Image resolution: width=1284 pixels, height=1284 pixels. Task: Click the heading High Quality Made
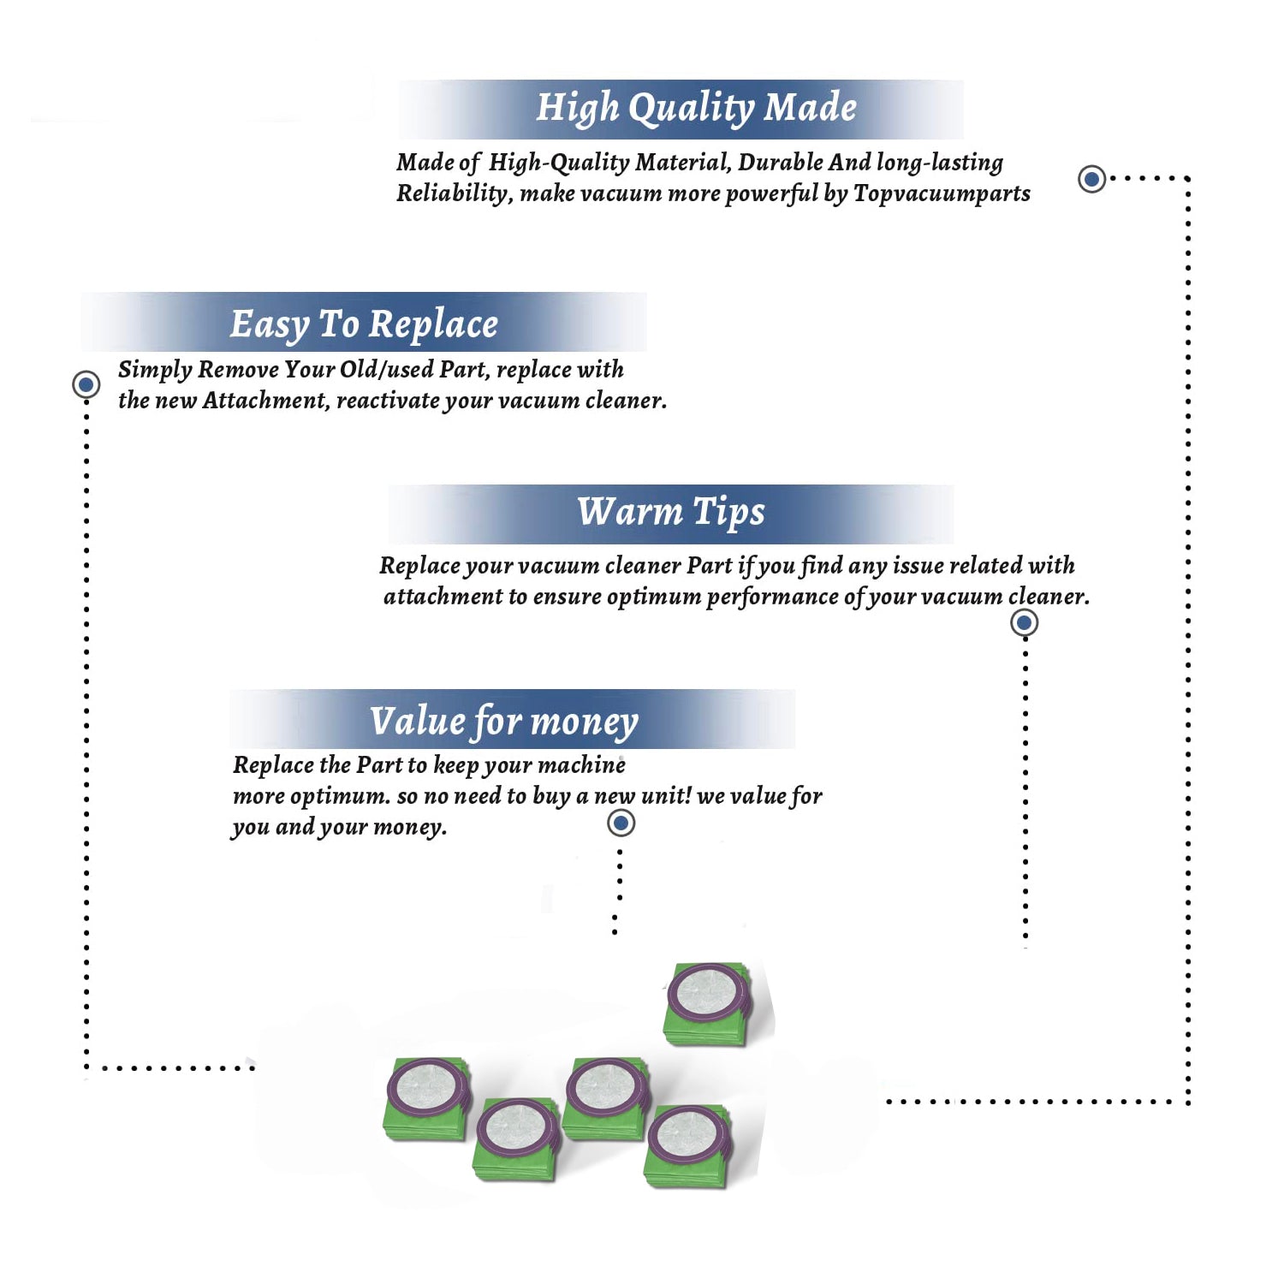(x=696, y=109)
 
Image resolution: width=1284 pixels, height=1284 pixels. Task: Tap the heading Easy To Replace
(x=364, y=324)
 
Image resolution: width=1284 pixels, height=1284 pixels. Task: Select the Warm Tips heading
(x=670, y=512)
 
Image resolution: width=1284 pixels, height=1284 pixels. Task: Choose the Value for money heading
(x=503, y=722)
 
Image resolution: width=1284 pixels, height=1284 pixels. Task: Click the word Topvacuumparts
(x=942, y=194)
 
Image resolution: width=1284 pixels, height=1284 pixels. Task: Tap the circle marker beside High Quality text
(x=1091, y=179)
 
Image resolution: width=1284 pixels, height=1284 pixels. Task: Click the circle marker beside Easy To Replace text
(x=86, y=384)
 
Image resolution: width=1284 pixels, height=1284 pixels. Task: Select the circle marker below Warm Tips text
(x=1024, y=622)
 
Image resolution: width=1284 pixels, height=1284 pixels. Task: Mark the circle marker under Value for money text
(x=621, y=823)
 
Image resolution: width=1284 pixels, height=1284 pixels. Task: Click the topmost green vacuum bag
(x=708, y=1003)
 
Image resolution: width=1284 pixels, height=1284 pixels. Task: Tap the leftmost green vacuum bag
(x=427, y=1098)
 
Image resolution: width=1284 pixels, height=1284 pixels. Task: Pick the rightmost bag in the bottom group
(x=688, y=1145)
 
